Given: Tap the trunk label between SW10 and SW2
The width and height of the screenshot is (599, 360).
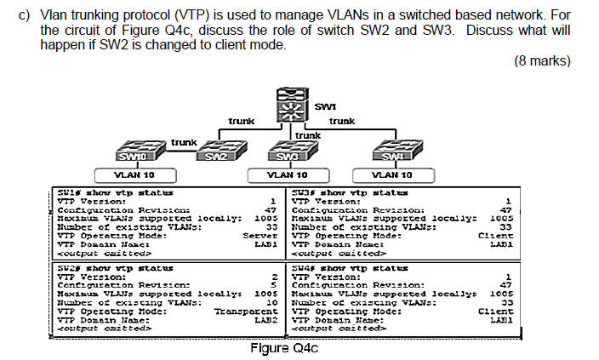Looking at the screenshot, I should (x=184, y=141).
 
